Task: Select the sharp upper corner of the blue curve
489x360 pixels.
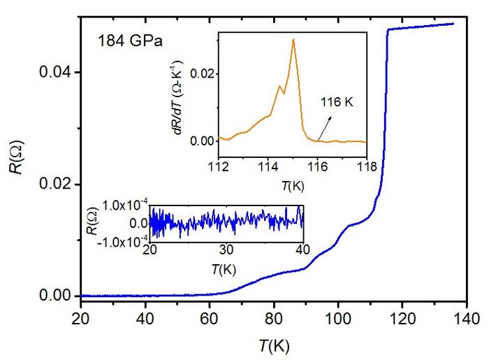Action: [x=388, y=29]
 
